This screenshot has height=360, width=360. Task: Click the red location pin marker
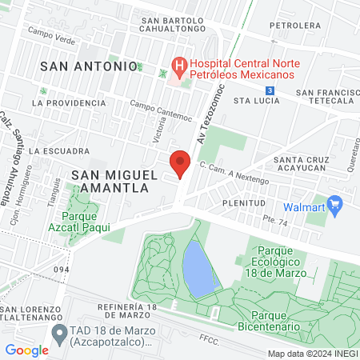point(180,165)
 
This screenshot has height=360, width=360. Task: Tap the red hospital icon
point(179,64)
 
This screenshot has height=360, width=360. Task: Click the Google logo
point(27,350)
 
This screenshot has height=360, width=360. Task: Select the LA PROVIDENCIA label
point(69,102)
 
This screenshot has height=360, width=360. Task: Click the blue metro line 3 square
point(270,90)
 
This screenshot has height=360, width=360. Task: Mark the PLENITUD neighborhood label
point(243,203)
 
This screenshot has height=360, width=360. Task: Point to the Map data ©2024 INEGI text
point(311,353)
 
